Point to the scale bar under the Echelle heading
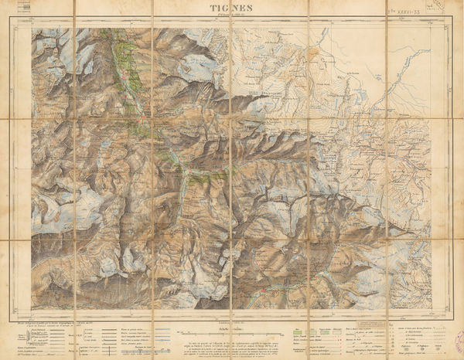231,324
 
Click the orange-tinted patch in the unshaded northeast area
313,53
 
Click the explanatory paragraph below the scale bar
231,341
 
